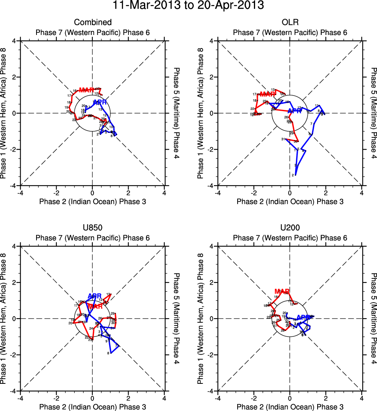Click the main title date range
pos(188,6)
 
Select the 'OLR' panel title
pos(290,23)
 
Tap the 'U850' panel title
pos(92,228)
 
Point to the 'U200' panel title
pos(290,228)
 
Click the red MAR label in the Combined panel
pos(86,90)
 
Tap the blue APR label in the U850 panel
pos(95,296)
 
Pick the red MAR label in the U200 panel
pos(282,291)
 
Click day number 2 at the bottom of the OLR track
pos(292,175)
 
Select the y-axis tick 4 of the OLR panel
pos(212,41)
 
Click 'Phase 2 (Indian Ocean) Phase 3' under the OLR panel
pos(290,201)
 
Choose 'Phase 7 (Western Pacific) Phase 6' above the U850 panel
pos(92,238)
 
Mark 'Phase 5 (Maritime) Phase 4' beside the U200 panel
pos(374,319)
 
